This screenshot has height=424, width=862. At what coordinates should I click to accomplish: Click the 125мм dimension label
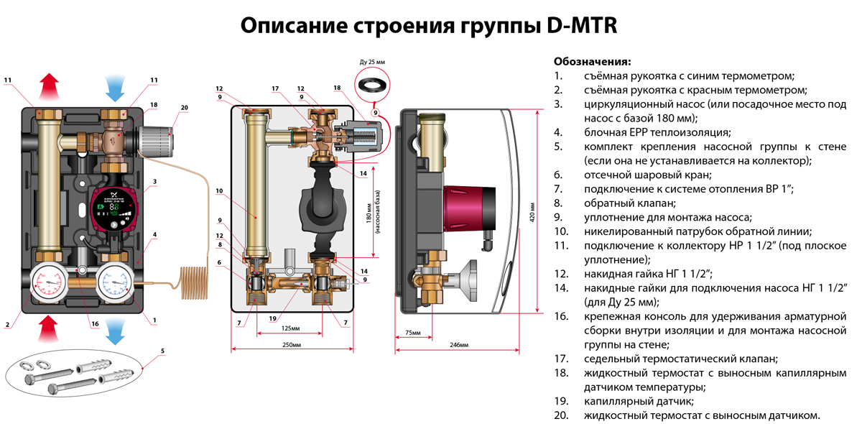[x=291, y=328]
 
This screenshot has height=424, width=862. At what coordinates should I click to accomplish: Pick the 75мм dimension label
[x=412, y=333]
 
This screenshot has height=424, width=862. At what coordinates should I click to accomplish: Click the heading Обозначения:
[x=592, y=61]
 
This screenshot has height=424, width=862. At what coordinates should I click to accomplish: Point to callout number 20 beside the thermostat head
[x=185, y=108]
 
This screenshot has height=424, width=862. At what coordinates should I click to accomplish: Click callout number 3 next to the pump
[x=154, y=182]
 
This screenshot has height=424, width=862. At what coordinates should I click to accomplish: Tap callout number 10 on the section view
[x=219, y=191]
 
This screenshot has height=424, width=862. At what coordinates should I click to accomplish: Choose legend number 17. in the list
[x=561, y=359]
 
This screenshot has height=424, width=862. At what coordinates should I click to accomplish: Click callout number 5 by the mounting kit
[x=162, y=351]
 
